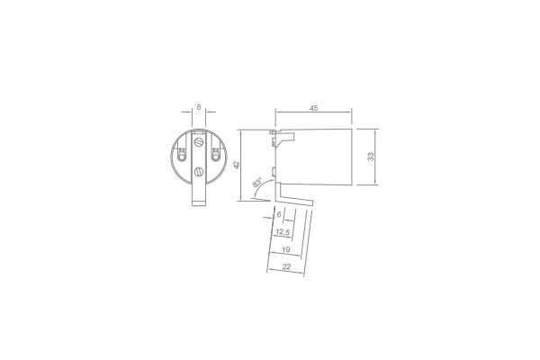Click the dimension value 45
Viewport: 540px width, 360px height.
(x=313, y=108)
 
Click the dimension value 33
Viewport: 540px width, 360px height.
(x=371, y=157)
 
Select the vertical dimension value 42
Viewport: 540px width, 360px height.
(x=236, y=166)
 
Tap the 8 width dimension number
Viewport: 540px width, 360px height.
(x=199, y=107)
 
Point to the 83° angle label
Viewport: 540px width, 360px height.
(x=256, y=182)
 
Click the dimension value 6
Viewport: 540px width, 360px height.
(x=279, y=214)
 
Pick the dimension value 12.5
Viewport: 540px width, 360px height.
(x=283, y=232)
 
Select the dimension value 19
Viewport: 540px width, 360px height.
(x=286, y=249)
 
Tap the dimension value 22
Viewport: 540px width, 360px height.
(x=286, y=266)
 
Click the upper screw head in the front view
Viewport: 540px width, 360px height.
(x=198, y=142)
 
